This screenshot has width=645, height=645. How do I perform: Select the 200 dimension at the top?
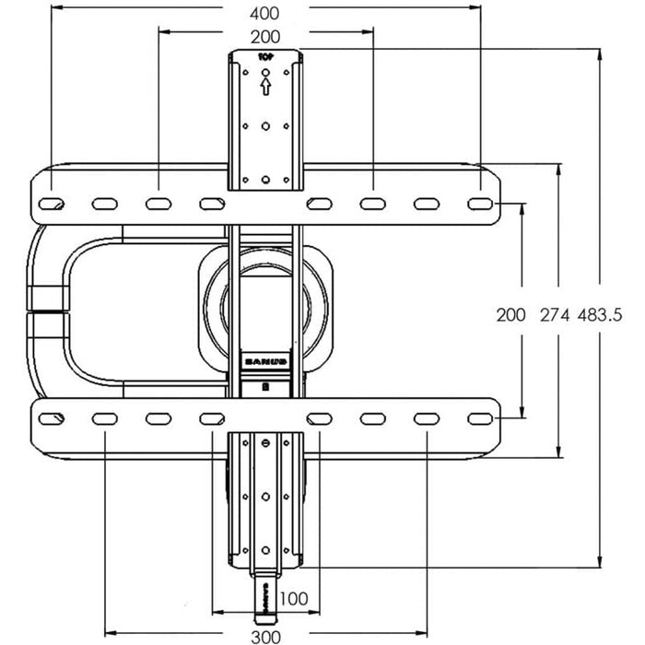pos(264,39)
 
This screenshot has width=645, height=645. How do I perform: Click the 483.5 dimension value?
pos(600,314)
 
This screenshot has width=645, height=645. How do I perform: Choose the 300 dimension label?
pos(264,637)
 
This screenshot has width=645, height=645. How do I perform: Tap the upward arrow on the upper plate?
pos(264,87)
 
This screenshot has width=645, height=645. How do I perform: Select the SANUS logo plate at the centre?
pos(264,362)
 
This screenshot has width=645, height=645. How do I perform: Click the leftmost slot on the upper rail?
pos(52,203)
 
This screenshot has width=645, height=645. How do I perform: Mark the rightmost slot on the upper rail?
pos(479,203)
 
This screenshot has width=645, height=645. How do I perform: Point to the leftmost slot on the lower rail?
pos(52,419)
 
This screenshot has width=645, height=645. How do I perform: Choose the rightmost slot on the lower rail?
pos(479,419)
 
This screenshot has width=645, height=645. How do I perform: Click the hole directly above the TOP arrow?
pos(264,72)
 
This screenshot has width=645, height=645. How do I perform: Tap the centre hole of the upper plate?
pos(264,126)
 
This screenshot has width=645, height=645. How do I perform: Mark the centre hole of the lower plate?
pos(265,496)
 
